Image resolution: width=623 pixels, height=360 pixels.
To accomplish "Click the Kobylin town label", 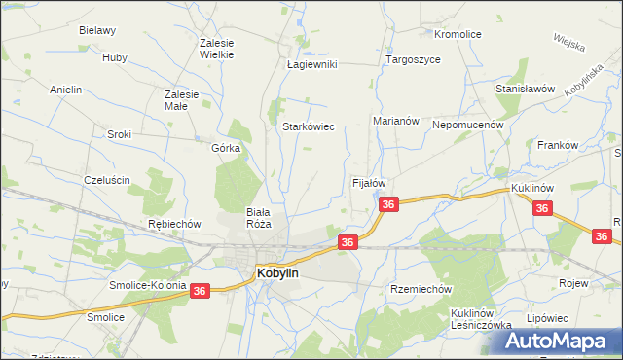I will pos(277,274).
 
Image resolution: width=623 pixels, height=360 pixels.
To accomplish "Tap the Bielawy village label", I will pos(97,30).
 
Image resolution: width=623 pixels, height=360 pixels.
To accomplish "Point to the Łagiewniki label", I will pos(311,64).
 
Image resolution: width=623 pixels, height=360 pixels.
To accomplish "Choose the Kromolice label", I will pos(458,34).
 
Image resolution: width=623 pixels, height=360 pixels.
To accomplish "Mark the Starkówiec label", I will pos(309,126).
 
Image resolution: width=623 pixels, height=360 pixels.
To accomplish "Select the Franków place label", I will pos(558,145).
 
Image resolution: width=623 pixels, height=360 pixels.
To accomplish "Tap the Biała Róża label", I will pos(258,217).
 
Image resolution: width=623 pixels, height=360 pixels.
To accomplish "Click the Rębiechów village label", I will pos(174,224).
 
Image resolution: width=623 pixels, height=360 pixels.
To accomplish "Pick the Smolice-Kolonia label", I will pos(149,285).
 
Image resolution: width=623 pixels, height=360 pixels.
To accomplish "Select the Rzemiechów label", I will pos(421,289).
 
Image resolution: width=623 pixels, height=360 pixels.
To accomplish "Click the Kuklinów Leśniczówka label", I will pos(481,319).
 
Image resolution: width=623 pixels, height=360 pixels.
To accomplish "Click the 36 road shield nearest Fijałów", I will pos(388,204).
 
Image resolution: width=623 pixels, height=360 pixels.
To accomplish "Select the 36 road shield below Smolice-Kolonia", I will pos(201,291).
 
